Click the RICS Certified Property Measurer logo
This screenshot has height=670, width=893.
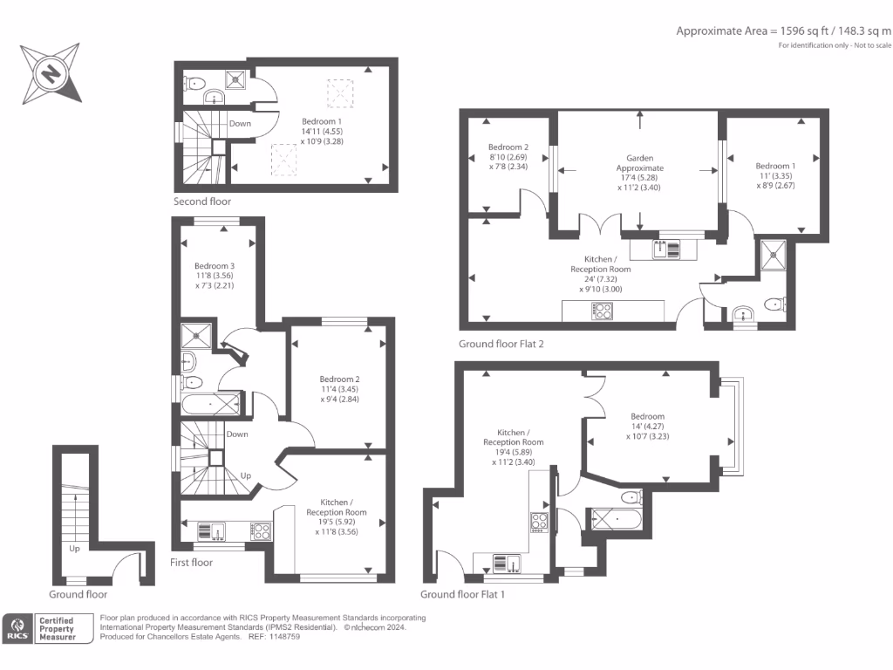(x=49, y=629)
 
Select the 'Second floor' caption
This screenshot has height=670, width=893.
(x=202, y=202)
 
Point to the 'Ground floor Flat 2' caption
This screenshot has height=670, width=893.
(x=501, y=344)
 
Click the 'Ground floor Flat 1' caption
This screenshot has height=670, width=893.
(x=462, y=594)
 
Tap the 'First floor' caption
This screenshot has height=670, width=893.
(x=192, y=563)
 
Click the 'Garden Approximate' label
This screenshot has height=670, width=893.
(x=640, y=163)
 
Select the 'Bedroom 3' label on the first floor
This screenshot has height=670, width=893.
(x=215, y=266)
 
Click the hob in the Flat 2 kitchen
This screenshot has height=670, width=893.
(x=602, y=309)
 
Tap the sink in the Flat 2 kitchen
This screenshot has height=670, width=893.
(x=667, y=250)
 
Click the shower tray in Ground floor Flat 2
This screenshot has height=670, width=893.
(x=773, y=256)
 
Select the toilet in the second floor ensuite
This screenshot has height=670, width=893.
(x=195, y=85)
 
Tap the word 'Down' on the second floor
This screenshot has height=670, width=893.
(x=240, y=124)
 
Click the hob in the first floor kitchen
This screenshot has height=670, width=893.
(x=260, y=529)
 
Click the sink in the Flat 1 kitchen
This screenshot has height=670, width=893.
(x=507, y=563)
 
